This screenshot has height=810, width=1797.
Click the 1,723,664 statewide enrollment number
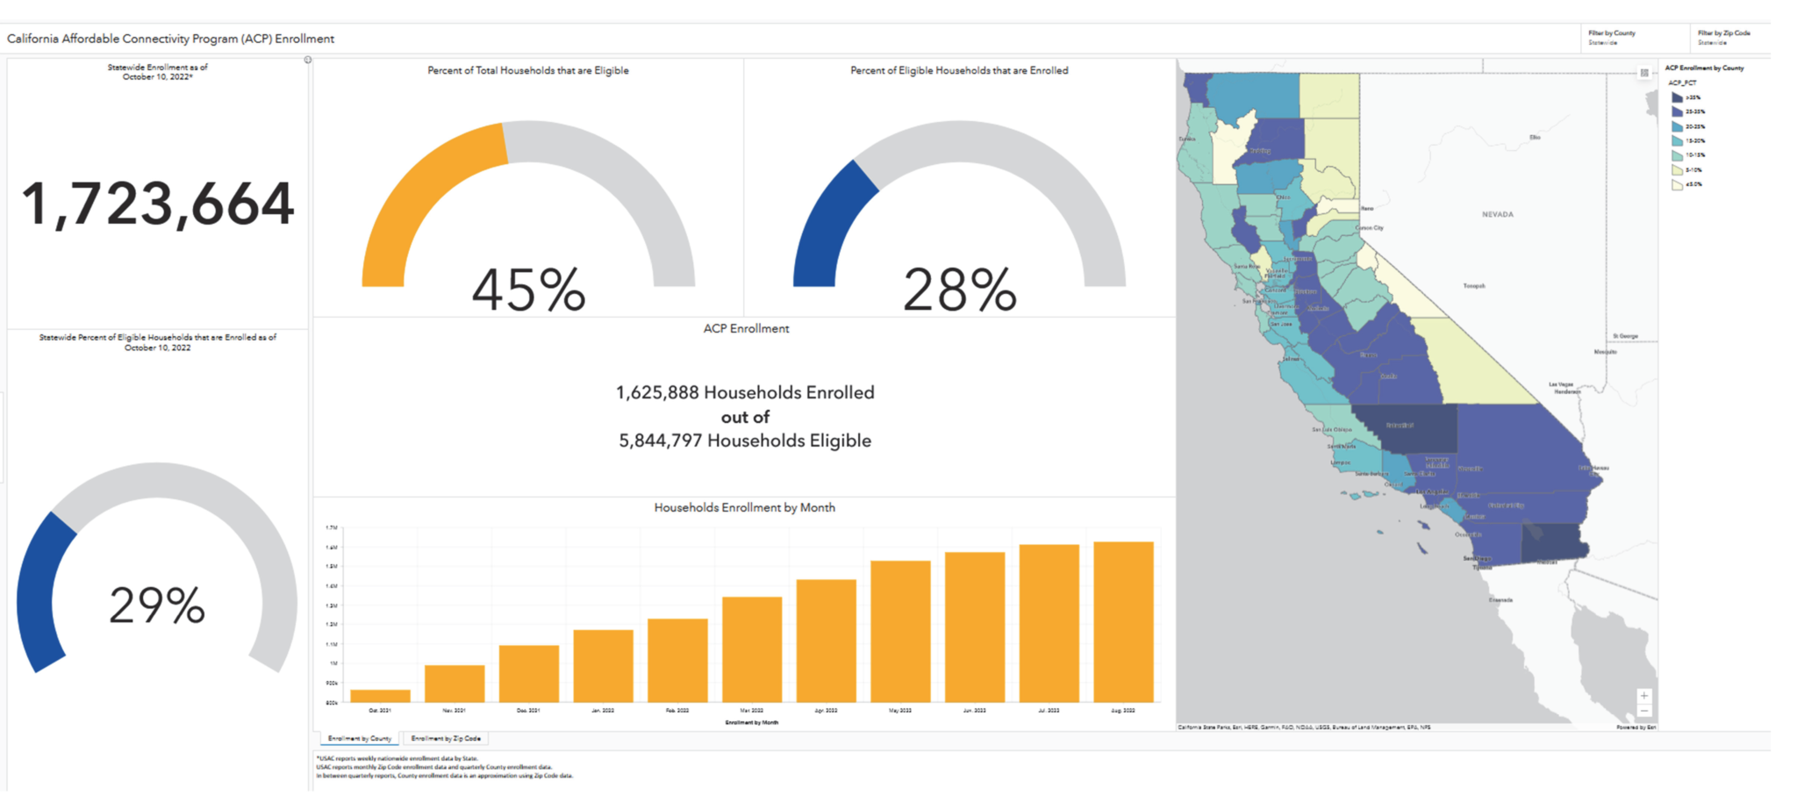158,204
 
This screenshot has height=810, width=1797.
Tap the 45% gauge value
528,290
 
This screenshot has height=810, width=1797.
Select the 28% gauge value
959,290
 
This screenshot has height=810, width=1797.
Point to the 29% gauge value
157,606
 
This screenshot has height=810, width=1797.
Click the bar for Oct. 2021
380,696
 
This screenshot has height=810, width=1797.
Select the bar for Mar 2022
752,649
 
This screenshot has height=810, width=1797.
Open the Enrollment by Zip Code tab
446,739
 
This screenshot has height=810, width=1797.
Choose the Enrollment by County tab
360,739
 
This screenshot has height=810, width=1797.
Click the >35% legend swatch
1677,97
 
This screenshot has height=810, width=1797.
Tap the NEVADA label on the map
1497,214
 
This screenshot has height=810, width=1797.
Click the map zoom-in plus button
1643,696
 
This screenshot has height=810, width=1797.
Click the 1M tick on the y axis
333,663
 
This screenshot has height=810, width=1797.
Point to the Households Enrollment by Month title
744,507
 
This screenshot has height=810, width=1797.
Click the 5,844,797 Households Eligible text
745,441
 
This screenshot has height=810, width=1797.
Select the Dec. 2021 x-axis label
528,710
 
